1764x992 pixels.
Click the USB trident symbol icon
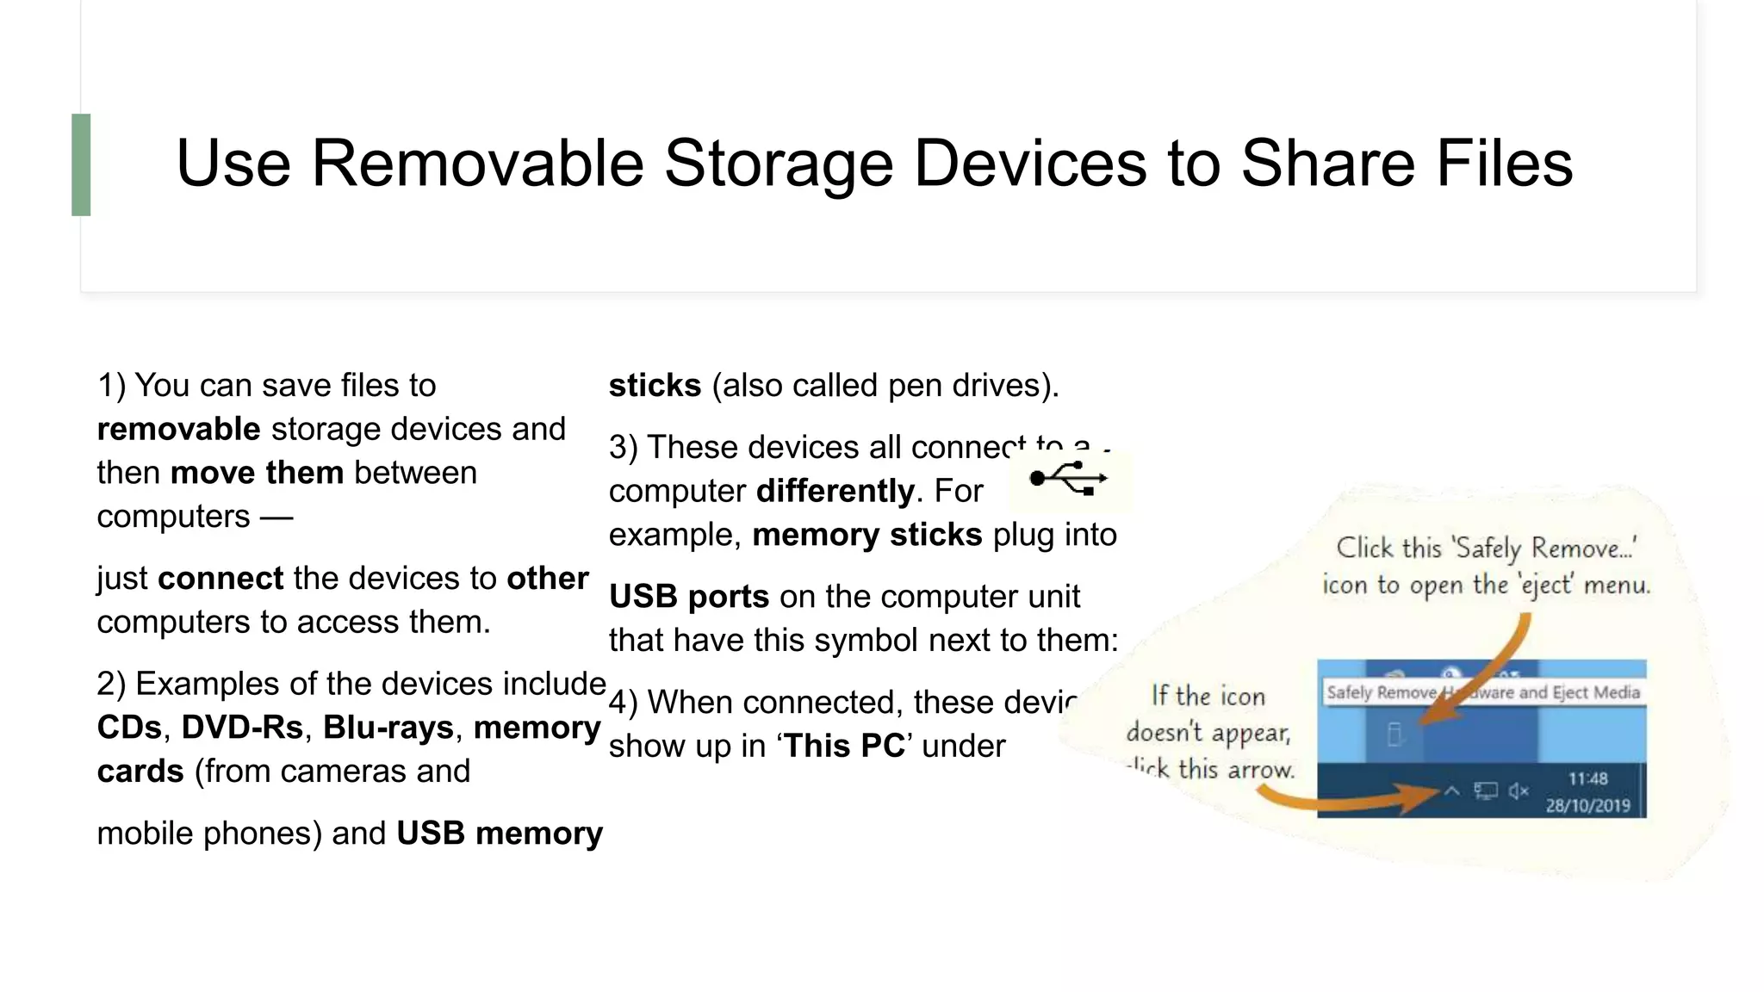click(x=1069, y=479)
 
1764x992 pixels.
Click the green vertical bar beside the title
click(x=81, y=164)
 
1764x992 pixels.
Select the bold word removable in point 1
click(x=178, y=429)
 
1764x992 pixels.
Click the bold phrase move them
click(x=257, y=473)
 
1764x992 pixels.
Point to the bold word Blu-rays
click(x=388, y=728)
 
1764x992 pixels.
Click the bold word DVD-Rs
click(x=242, y=728)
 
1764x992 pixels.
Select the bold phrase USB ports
click(x=688, y=597)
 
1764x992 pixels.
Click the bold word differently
click(x=835, y=492)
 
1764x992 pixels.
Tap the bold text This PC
click(x=843, y=746)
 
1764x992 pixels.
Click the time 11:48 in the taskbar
click(x=1587, y=779)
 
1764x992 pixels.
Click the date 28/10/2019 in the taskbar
click(x=1587, y=806)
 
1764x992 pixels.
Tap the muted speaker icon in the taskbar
click(x=1519, y=790)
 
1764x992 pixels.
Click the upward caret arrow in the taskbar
click(x=1452, y=790)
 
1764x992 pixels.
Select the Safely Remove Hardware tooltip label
click(x=1482, y=692)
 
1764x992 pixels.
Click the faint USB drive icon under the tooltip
click(x=1395, y=735)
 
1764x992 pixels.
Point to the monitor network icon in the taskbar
click(x=1486, y=790)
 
